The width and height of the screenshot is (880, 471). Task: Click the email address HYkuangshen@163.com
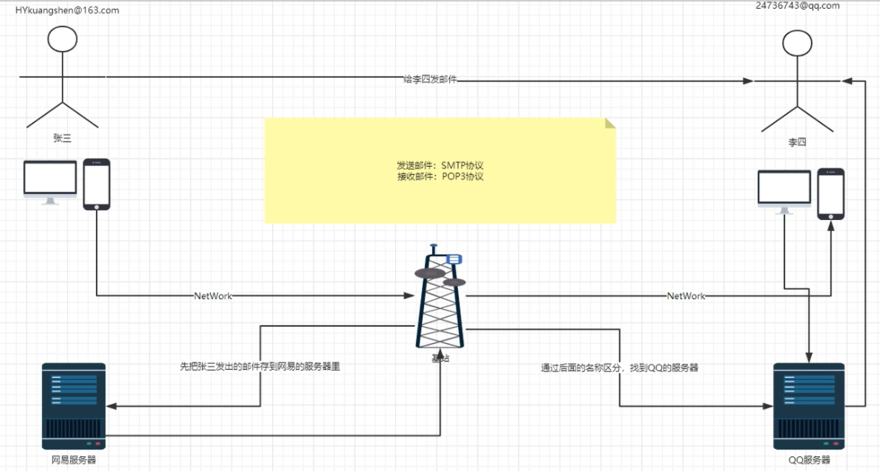tap(67, 10)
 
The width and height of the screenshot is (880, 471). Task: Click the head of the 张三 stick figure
tap(63, 38)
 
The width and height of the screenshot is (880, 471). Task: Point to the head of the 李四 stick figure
tap(797, 44)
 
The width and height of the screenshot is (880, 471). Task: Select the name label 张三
tap(62, 137)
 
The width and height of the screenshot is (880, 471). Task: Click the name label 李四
tap(797, 142)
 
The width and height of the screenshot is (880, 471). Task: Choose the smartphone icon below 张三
tap(96, 184)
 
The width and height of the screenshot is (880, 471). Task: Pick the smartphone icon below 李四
tap(831, 193)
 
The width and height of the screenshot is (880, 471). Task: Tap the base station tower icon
tap(441, 299)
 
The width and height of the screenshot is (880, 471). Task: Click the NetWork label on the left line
tap(212, 296)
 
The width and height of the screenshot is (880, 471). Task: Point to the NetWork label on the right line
tap(686, 296)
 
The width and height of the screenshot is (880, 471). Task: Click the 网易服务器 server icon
tap(74, 405)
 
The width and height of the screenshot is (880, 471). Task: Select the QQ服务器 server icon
tap(808, 405)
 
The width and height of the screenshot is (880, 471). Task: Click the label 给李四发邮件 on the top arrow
tap(430, 79)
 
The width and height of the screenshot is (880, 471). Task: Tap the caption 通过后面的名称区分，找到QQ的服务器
tap(620, 367)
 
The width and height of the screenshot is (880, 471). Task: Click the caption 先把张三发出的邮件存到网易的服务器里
tap(260, 365)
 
